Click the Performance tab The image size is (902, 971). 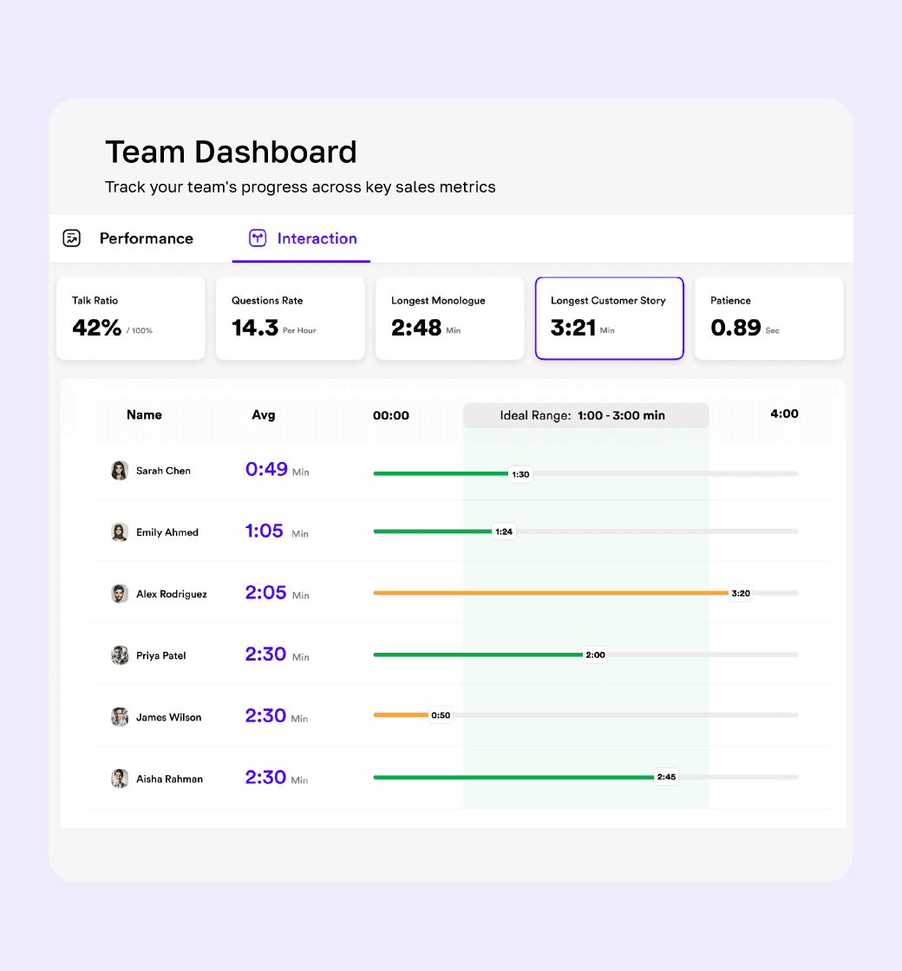point(147,238)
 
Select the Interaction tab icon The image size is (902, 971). point(258,238)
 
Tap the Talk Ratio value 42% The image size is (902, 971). point(96,328)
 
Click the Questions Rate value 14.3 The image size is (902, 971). point(255,328)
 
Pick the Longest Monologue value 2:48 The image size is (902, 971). point(416,328)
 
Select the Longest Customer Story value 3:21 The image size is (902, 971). point(573,328)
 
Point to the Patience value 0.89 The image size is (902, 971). point(735,328)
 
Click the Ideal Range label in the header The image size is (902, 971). point(582,415)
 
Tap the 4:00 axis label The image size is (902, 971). point(784,414)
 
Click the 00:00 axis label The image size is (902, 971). point(391,415)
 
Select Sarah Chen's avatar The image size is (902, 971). point(120,471)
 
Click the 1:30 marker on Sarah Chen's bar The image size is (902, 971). point(520,474)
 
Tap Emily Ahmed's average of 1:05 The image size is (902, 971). point(264,531)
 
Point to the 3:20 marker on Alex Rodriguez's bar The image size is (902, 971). point(741,593)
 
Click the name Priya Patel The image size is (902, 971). point(161,655)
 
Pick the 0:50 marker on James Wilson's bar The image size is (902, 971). point(441,715)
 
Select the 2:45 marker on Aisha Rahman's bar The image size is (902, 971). point(667,777)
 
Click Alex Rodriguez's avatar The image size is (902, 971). point(120,594)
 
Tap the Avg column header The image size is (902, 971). point(264,415)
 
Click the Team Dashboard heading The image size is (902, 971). point(231,152)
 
